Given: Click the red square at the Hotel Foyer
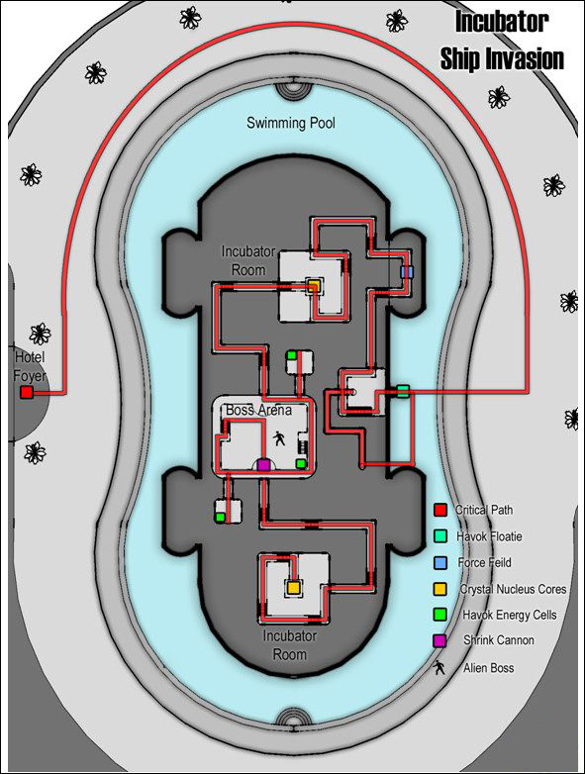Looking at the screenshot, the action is pos(27,392).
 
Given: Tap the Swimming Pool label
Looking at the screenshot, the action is pos(291,123).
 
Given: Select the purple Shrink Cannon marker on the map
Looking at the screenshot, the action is pos(263,464).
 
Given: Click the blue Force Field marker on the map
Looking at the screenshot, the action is pos(406,272).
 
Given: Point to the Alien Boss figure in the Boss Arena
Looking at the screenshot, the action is pos(279,437).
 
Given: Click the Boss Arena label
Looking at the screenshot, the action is pos(258,410).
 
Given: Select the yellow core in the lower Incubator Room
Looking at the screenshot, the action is pos(293,587).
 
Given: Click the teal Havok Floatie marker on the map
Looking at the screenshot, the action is pos(403,391).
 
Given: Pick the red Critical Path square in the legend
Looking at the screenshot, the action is pos(439,510).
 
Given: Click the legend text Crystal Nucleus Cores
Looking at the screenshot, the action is pos(513,589).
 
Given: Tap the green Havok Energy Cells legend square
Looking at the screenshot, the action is pos(439,615).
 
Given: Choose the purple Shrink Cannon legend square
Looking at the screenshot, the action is pos(439,640).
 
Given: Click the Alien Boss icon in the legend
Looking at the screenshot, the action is pos(439,668).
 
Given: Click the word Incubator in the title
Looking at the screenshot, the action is pos(502,22).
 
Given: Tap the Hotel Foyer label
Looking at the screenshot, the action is pos(30,366).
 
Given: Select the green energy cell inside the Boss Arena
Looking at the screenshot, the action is pos(300,463).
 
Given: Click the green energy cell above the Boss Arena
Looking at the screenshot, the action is pos(291,355).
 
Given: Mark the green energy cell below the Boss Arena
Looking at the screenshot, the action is pos(220,517).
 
